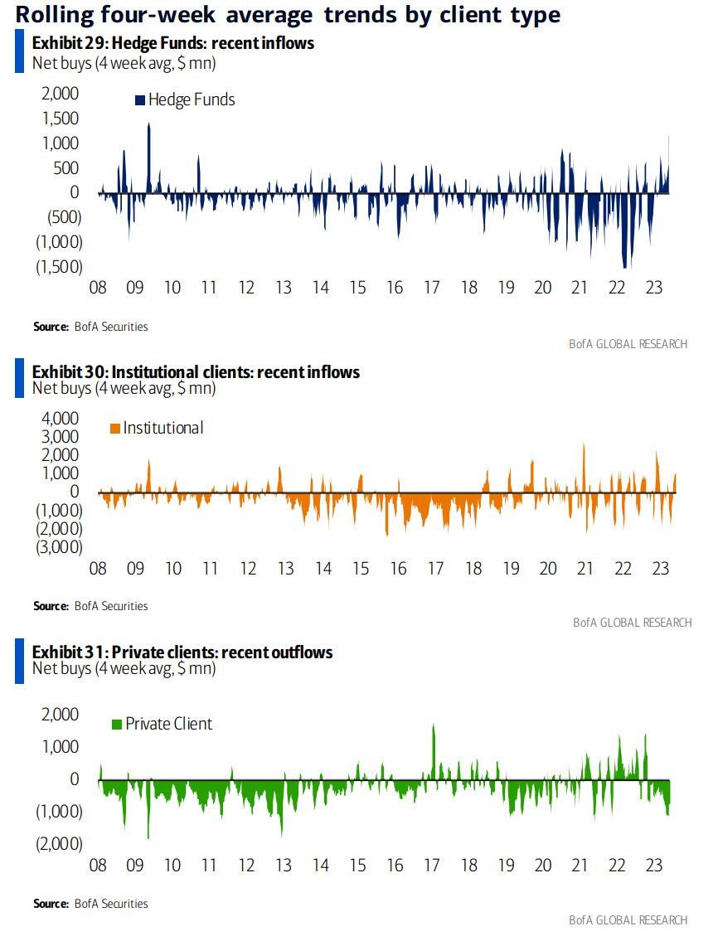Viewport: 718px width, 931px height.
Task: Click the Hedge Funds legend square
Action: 139,100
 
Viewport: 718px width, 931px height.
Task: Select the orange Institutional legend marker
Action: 114,429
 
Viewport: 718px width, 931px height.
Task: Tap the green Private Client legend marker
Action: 116,725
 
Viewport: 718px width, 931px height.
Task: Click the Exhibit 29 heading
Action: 173,43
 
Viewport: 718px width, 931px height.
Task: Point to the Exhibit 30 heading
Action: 196,372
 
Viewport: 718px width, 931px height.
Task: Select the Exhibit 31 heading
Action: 182,652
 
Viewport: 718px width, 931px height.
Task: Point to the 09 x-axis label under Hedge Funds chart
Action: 134,288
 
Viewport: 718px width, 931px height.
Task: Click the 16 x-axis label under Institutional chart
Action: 398,569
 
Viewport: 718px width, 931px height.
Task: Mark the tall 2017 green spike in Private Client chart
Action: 433,728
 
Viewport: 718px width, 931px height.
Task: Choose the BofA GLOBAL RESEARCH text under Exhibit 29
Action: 628,344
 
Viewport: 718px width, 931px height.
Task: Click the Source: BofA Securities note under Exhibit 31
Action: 90,903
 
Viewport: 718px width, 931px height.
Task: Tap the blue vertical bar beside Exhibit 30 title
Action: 20,381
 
